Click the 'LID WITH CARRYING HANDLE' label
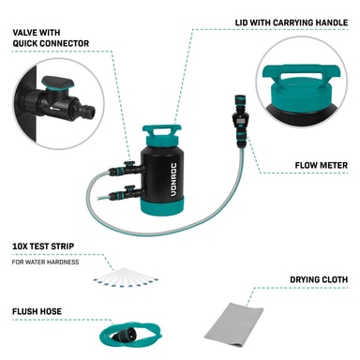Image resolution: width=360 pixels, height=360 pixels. pyautogui.click(x=292, y=22)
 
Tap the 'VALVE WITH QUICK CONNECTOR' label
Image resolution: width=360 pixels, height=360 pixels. pyautogui.click(x=51, y=37)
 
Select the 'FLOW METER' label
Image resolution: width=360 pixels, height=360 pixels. pyautogui.click(x=322, y=165)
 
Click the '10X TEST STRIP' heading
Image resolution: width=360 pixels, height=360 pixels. pyautogui.click(x=43, y=247)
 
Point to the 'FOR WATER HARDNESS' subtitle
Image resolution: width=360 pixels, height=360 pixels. pyautogui.click(x=45, y=262)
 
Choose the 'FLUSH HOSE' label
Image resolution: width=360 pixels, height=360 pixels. pyautogui.click(x=37, y=311)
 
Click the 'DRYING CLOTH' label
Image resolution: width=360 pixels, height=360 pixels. pyautogui.click(x=319, y=279)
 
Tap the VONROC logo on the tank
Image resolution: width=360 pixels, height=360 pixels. pyautogui.click(x=173, y=179)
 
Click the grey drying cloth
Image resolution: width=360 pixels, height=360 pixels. pyautogui.click(x=233, y=324)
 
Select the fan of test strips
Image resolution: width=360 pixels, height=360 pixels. pyautogui.click(x=126, y=277)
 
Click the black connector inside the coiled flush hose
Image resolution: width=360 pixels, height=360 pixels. pyautogui.click(x=121, y=337)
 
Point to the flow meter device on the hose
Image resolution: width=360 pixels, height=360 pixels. pyautogui.click(x=239, y=120)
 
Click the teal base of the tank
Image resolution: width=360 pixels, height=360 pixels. pyautogui.click(x=162, y=205)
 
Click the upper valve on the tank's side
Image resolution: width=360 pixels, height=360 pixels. pyautogui.click(x=128, y=169)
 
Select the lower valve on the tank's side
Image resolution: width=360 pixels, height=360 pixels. pyautogui.click(x=128, y=193)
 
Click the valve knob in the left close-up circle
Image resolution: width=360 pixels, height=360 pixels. pyautogui.click(x=58, y=82)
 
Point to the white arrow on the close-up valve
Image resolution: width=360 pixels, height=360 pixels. pyautogui.click(x=54, y=109)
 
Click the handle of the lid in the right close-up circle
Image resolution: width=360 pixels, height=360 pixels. pyautogui.click(x=301, y=73)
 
